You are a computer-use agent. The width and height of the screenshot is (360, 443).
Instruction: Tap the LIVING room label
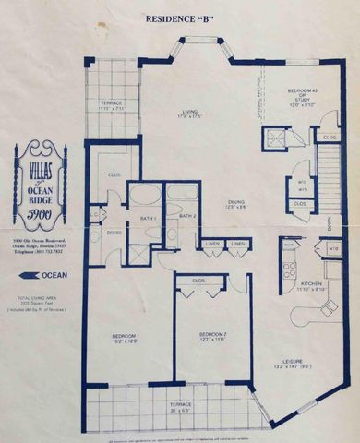[x=188, y=113]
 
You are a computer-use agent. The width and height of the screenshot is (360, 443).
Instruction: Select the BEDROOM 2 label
[x=211, y=338]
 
